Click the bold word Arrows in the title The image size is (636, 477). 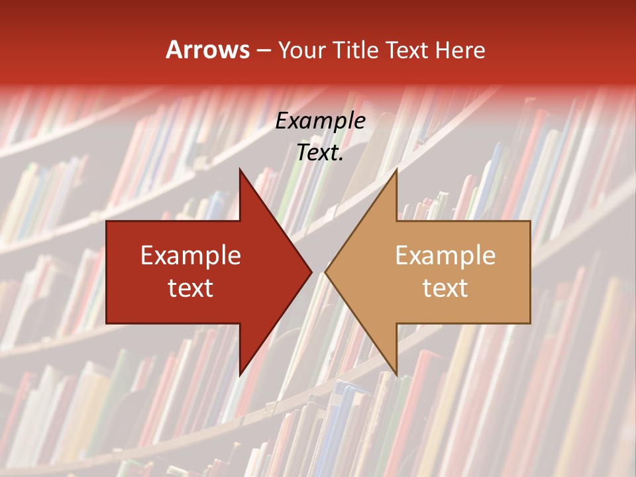tap(207, 50)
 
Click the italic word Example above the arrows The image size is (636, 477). tap(321, 121)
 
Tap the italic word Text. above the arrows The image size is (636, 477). tap(321, 153)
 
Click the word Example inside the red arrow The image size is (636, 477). tap(191, 256)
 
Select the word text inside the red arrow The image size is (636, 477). tap(191, 288)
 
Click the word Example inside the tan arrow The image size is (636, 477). tap(445, 256)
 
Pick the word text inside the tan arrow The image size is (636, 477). tap(445, 288)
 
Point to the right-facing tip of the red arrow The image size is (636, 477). tap(311, 272)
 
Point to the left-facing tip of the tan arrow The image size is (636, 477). tap(325, 272)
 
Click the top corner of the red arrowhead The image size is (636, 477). tap(240, 170)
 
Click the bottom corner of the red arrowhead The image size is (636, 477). tap(240, 376)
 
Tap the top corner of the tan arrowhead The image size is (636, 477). tap(396, 170)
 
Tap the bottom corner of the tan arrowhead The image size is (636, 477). tap(396, 376)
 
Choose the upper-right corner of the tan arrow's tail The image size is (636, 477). tap(530, 221)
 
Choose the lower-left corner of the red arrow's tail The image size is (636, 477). tap(107, 323)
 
